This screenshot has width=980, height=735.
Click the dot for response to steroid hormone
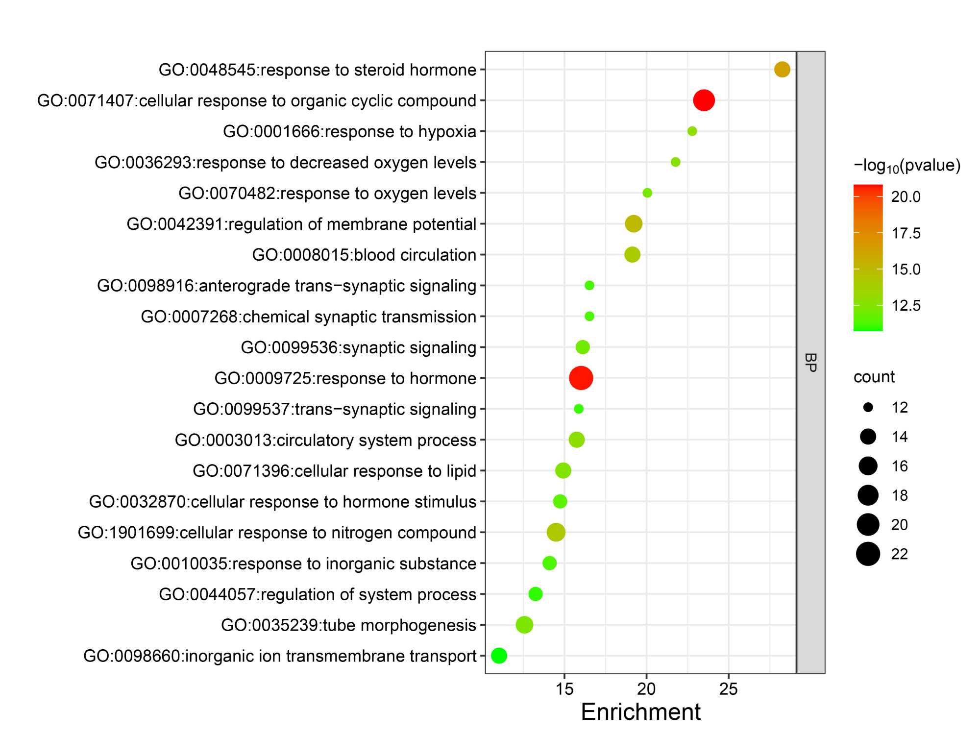[x=782, y=70]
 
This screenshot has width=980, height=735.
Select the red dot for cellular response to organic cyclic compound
[x=704, y=100]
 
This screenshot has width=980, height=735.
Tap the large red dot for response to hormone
[x=581, y=378]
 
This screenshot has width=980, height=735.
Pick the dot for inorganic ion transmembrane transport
[x=499, y=656]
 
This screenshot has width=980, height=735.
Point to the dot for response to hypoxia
[x=692, y=131]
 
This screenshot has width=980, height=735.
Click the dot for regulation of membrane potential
[x=634, y=224]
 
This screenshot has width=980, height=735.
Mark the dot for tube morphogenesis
[x=524, y=625]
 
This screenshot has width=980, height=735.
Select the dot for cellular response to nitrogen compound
[x=556, y=532]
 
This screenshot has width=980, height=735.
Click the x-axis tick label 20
[x=646, y=689]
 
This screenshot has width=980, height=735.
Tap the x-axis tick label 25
[x=728, y=689]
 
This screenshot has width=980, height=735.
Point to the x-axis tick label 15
[x=564, y=689]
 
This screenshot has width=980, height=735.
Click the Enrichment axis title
[x=640, y=712]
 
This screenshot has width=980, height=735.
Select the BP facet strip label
[x=810, y=363]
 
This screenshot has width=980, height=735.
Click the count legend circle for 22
[x=868, y=554]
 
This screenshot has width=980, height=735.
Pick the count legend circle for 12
[x=868, y=407]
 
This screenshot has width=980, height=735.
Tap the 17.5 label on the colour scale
[x=906, y=233]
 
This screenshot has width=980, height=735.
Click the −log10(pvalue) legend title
[x=906, y=166]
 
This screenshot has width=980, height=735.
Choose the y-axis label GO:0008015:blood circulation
[x=364, y=255]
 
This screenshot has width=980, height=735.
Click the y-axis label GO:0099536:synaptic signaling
[x=358, y=347]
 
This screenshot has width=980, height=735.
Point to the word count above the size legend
[x=874, y=377]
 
